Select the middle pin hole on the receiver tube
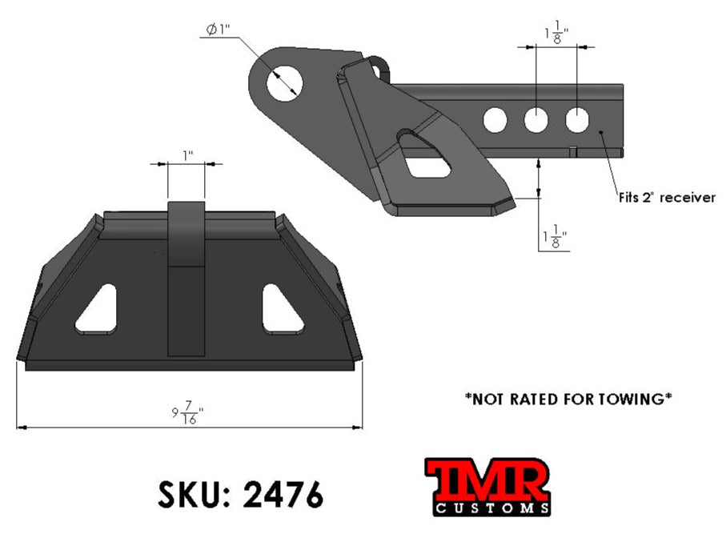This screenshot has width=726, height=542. coord(535,121)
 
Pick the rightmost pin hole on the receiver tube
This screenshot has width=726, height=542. coord(577,121)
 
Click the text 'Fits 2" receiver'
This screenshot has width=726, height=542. coord(666,198)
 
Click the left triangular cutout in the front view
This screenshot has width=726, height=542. coord(99,311)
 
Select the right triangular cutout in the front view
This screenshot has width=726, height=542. coord(281,311)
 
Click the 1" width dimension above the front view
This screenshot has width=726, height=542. coord(186,154)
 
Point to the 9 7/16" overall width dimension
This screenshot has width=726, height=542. coord(188,415)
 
